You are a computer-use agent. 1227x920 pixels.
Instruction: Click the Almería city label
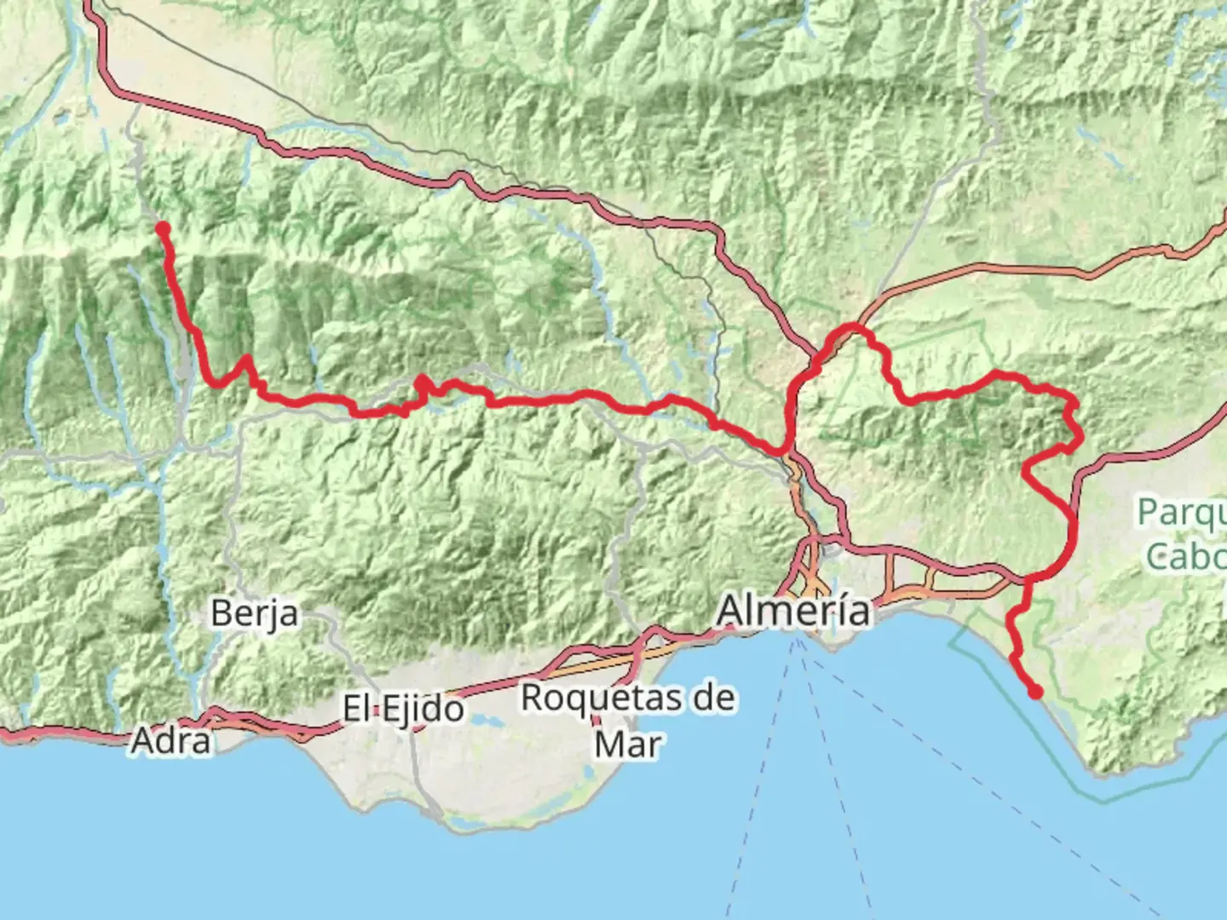[794, 610]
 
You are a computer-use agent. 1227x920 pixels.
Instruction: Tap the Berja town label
[255, 612]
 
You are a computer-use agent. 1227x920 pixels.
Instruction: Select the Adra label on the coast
[170, 741]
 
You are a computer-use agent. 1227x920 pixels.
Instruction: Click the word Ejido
[423, 709]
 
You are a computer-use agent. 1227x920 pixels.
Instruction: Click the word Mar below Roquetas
[628, 744]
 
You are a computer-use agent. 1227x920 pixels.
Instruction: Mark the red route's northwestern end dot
[162, 228]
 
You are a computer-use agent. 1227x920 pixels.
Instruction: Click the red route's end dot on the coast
[1035, 693]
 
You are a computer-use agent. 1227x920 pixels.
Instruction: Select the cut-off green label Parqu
[1182, 514]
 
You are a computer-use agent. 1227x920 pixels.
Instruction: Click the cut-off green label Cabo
[1186, 556]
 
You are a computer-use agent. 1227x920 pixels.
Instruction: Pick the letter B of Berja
[221, 612]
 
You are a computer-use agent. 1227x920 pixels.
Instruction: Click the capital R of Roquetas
[533, 698]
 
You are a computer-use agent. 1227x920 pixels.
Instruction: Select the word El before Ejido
[357, 708]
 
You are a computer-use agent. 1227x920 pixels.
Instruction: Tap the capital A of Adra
[142, 741]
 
